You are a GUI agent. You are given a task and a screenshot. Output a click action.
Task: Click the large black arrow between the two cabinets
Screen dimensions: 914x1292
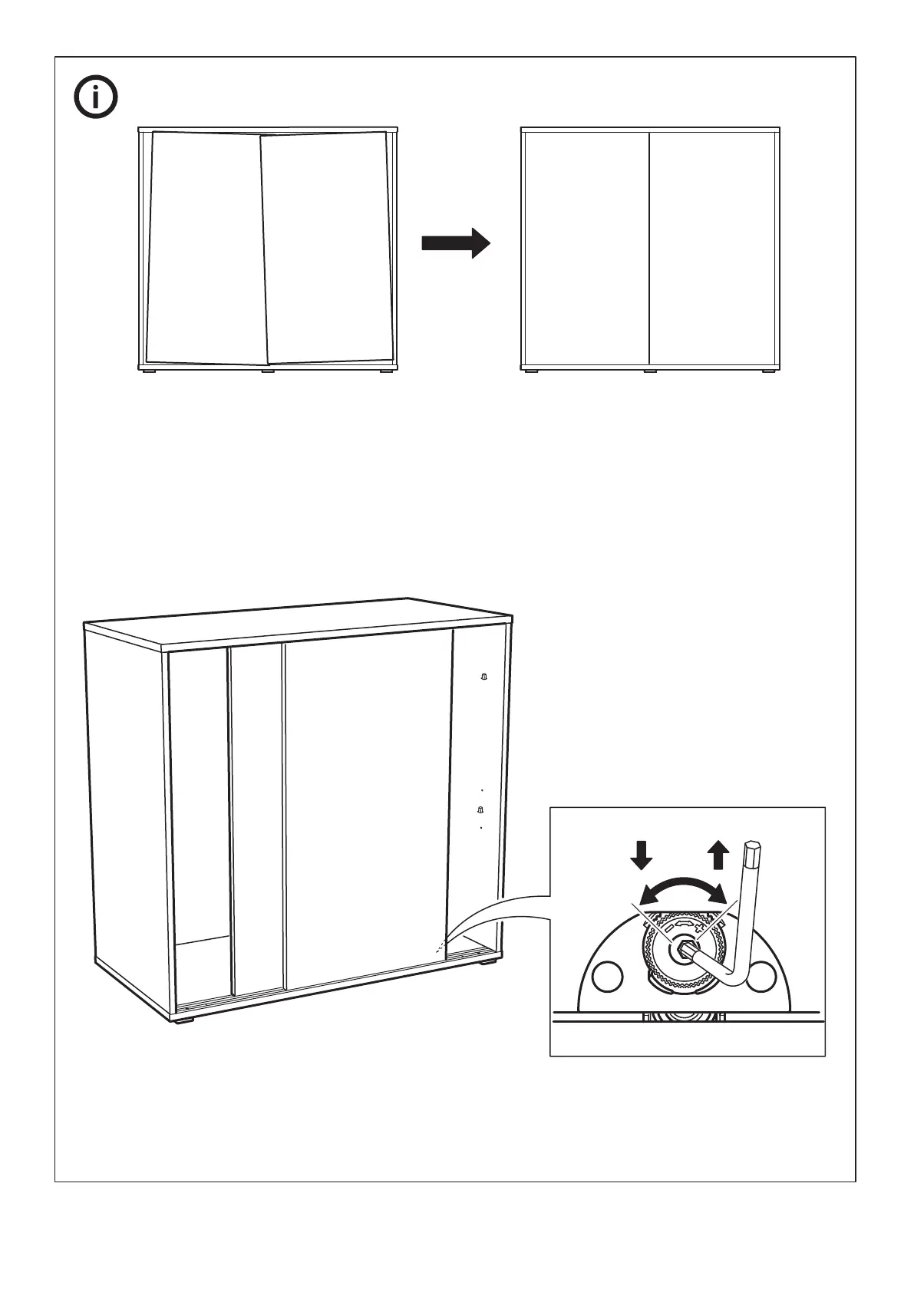[456, 243]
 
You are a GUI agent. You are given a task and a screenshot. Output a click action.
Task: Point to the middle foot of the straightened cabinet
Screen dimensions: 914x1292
[650, 372]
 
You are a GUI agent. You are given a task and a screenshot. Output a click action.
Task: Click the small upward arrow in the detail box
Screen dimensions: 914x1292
[718, 854]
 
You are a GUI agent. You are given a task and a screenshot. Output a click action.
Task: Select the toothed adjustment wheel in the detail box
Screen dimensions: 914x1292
[681, 952]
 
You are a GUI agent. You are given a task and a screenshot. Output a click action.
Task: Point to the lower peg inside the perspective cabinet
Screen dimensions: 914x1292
[480, 809]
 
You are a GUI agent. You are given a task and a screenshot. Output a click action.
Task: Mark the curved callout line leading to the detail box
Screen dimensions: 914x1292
[499, 905]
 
